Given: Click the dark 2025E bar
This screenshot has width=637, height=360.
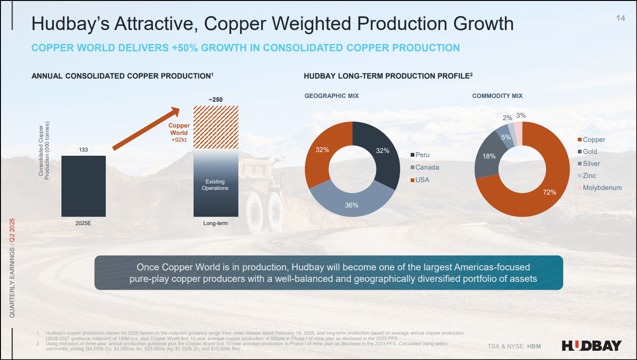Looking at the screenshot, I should click(84, 186).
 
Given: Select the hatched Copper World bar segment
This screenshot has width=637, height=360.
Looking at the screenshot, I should click(216, 127).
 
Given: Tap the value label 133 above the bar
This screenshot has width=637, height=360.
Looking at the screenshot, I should click(83, 150).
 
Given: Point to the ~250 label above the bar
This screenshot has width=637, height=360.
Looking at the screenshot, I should click(216, 99).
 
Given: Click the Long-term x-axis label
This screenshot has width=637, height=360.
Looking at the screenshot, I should click(216, 224).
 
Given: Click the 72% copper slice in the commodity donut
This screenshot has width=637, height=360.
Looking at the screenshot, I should click(547, 189).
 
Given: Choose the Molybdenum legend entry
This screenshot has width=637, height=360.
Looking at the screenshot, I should click(602, 188).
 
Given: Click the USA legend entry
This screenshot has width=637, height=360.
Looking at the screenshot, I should click(422, 179).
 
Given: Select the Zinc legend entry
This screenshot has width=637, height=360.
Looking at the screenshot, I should click(589, 176).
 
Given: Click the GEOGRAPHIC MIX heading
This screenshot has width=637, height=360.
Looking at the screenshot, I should click(332, 96).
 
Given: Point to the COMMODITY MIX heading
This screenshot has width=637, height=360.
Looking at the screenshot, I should click(497, 96).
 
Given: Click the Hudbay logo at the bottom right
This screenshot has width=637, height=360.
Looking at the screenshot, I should click(592, 346).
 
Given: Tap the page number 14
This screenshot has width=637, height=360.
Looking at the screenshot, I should click(620, 18).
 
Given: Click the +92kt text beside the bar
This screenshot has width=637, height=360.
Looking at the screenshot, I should click(179, 140).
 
